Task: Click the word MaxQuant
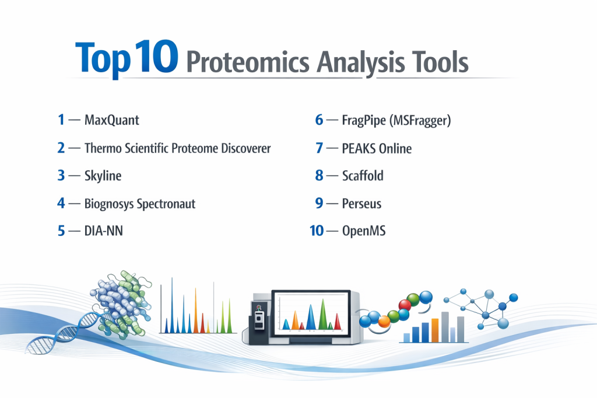[111, 120]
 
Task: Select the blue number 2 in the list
[61, 148]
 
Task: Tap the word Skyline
[103, 176]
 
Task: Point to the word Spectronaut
[166, 204]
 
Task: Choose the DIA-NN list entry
[104, 231]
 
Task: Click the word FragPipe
[364, 121]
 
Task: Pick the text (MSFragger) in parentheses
[420, 121]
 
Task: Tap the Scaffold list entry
[363, 176]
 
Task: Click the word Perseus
[361, 203]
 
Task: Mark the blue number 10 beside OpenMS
[317, 231]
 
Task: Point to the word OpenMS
[364, 231]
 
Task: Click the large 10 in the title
[156, 57]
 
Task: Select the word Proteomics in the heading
[248, 62]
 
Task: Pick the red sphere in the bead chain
[405, 304]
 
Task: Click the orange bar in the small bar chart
[435, 330]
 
